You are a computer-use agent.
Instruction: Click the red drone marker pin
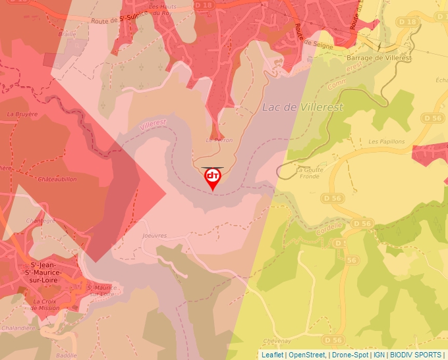213,178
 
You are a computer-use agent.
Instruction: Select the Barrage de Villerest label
379,58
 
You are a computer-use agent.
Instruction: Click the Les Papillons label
386,141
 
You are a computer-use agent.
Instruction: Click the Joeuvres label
155,235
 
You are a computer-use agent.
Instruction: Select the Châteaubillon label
57,179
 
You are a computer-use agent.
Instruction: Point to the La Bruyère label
22,114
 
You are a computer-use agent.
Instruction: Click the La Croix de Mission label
45,304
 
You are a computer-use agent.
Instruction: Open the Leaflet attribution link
272,355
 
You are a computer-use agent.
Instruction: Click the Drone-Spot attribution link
349,355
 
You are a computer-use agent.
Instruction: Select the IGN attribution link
379,355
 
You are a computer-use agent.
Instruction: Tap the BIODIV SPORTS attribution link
416,355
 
